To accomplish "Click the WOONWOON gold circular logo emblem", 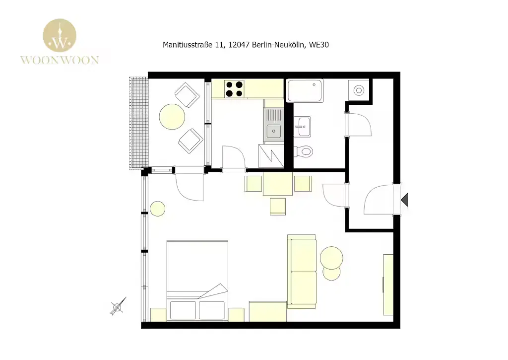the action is tap(60, 35).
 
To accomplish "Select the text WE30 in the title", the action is tap(319, 45).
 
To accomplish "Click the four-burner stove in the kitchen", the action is tap(234, 89).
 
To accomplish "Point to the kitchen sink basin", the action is tap(274, 131).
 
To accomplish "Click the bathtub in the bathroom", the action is tap(305, 90).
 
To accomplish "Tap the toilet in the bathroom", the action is tap(304, 151).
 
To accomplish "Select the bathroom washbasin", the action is tap(303, 127).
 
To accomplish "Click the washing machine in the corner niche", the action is tap(359, 90).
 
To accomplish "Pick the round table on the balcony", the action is tap(172, 116).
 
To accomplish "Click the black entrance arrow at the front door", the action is tap(404, 200).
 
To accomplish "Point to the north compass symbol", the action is tap(117, 306).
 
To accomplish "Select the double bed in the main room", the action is tap(197, 281).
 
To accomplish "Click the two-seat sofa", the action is tap(302, 272).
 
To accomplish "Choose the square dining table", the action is tap(278, 184).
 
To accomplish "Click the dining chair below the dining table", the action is tap(278, 207).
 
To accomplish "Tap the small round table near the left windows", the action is tap(157, 209).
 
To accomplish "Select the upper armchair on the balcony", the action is tap(187, 95).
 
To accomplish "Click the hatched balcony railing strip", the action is tap(139, 123).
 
